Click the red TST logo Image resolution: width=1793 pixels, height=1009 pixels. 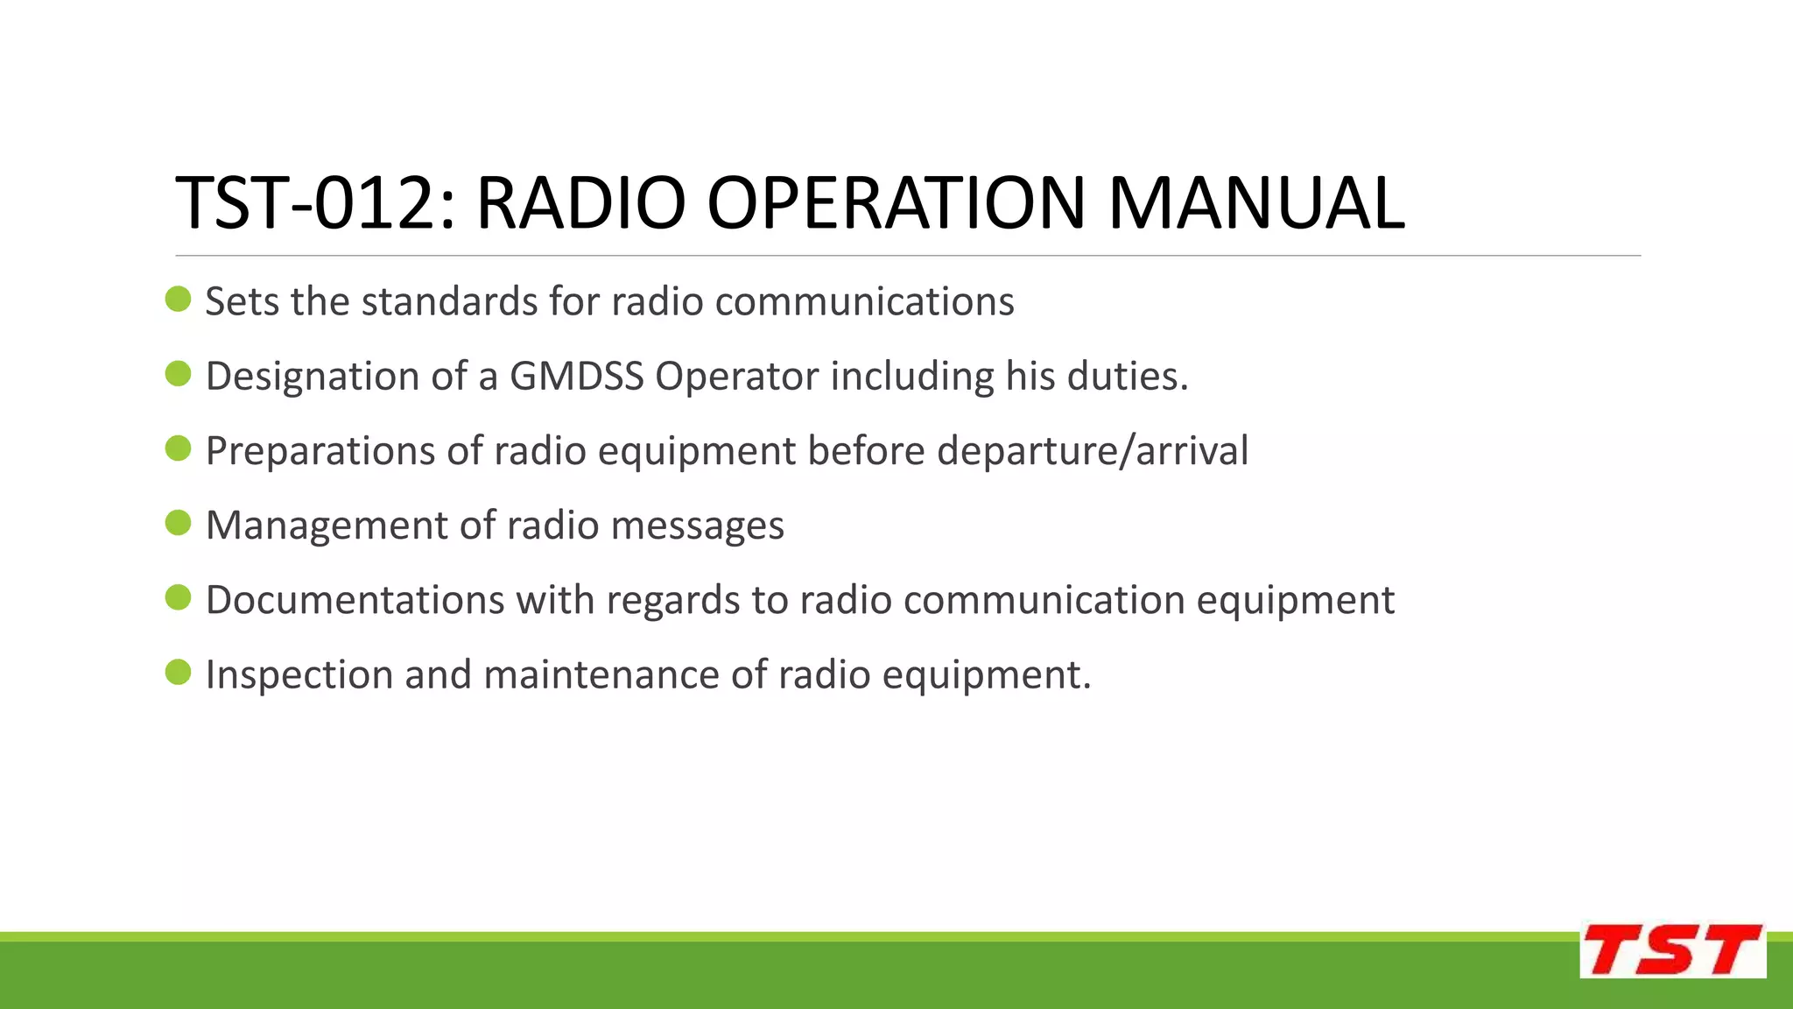(x=1672, y=950)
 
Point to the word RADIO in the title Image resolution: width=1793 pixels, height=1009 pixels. (x=580, y=203)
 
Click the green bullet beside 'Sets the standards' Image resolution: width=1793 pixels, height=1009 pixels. (x=178, y=300)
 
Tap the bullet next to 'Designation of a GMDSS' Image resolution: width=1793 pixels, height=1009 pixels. (x=178, y=375)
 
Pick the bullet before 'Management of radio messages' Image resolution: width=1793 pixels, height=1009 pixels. (x=178, y=524)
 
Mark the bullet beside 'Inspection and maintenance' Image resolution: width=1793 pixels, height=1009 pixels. (x=178, y=673)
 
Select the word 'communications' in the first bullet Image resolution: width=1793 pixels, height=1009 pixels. (x=864, y=302)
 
